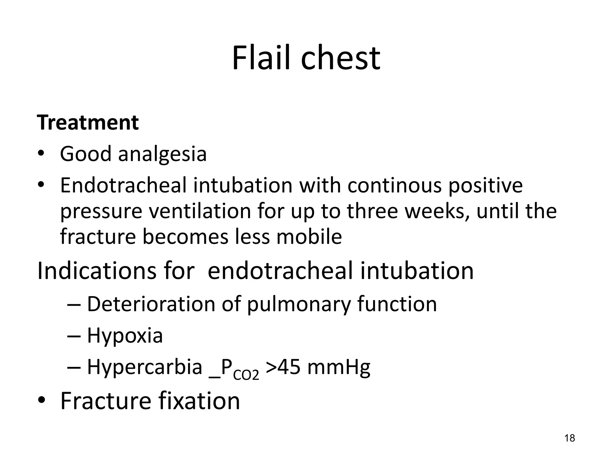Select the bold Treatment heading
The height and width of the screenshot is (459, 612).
pyautogui.click(x=88, y=123)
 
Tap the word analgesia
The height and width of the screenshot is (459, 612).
pyautogui.click(x=162, y=154)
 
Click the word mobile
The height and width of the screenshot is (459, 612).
pyautogui.click(x=309, y=237)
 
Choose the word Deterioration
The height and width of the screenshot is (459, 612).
pyautogui.click(x=151, y=304)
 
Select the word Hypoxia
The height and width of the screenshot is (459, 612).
pyautogui.click(x=125, y=336)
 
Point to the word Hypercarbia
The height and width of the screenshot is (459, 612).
pyautogui.click(x=145, y=368)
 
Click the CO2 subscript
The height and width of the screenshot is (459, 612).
pyautogui.click(x=246, y=375)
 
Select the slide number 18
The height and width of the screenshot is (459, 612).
pyautogui.click(x=570, y=438)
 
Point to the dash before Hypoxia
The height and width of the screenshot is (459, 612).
pyautogui.click(x=74, y=336)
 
